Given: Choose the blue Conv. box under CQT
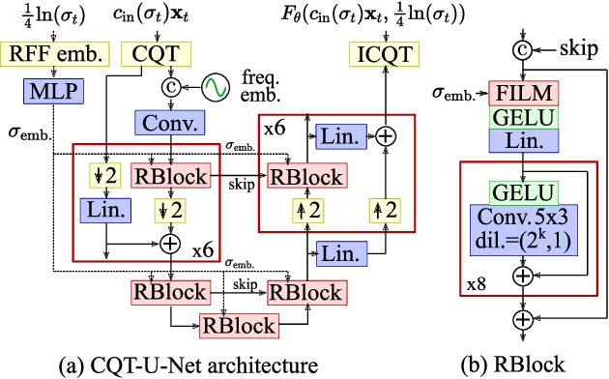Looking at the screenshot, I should (x=171, y=124).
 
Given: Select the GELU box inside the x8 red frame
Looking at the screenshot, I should (x=522, y=192).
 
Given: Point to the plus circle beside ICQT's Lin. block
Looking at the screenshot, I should (x=386, y=137).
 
